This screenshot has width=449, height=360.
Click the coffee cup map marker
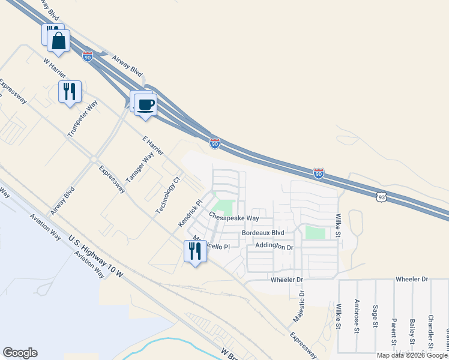coord(145,104)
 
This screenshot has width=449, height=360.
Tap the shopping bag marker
coord(59,41)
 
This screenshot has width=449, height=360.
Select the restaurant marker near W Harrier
coord(70,92)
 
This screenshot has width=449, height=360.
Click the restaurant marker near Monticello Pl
coord(194,251)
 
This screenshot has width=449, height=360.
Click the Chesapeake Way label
coord(234,217)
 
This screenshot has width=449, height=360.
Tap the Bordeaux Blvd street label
coord(262,232)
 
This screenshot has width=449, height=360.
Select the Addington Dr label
coord(274,246)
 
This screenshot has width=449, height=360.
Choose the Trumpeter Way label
coord(82,119)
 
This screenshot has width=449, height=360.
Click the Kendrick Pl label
coord(188,213)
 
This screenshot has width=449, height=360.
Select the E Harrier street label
coord(153,148)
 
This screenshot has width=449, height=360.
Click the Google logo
coord(20,353)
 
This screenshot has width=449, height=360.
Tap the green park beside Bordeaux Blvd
coord(315,232)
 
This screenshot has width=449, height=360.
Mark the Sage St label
coord(375,316)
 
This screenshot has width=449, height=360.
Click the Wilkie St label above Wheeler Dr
coord(338,225)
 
